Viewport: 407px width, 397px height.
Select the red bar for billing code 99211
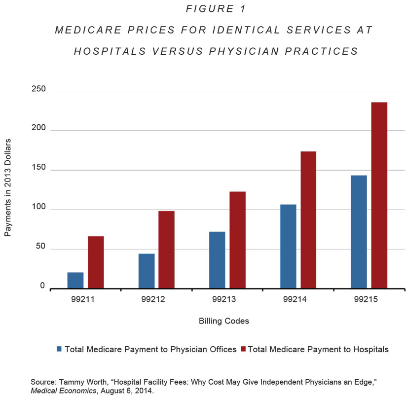click(96, 262)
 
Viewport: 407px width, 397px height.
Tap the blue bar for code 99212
click(147, 270)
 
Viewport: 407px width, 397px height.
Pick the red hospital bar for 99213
click(237, 239)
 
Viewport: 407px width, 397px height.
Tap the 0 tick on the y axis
click(42, 287)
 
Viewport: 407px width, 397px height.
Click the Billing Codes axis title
click(224, 321)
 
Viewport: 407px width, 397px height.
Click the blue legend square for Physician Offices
click(60, 349)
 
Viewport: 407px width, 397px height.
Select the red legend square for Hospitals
click(243, 349)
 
